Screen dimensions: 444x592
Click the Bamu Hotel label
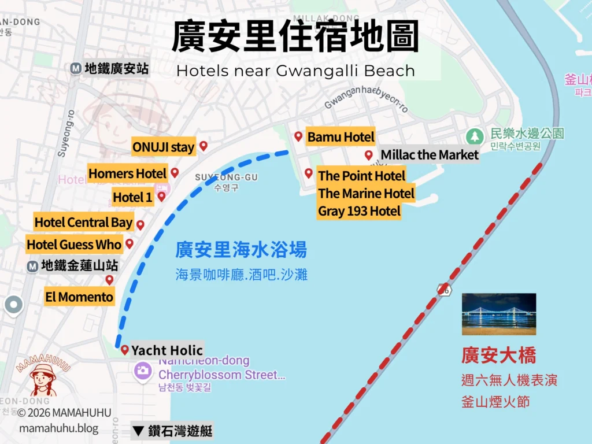pyautogui.click(x=341, y=137)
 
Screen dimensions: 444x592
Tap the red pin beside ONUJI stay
pyautogui.click(x=203, y=146)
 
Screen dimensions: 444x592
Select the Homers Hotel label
pyautogui.click(x=128, y=173)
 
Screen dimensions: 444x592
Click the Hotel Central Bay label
pyautogui.click(x=84, y=223)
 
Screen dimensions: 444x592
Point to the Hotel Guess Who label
pyautogui.click(x=74, y=245)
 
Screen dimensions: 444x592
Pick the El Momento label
pyautogui.click(x=79, y=297)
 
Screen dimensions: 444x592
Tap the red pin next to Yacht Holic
pyautogui.click(x=124, y=349)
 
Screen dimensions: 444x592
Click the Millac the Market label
pyautogui.click(x=430, y=155)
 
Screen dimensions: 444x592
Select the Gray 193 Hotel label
pyautogui.click(x=359, y=211)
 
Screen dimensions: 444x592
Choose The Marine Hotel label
pyautogui.click(x=366, y=193)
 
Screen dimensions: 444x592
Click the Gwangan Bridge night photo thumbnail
pyautogui.click(x=498, y=314)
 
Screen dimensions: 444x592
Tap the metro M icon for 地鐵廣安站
pyautogui.click(x=76, y=68)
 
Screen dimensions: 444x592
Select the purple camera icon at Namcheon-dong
pyautogui.click(x=143, y=370)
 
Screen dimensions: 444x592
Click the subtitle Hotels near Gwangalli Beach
pyautogui.click(x=295, y=71)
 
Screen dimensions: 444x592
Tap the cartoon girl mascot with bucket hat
pyautogui.click(x=43, y=379)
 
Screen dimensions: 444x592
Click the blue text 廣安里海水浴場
pyautogui.click(x=241, y=250)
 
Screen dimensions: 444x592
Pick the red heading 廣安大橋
pyautogui.click(x=498, y=355)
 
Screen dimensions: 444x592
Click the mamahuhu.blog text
pyautogui.click(x=59, y=428)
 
